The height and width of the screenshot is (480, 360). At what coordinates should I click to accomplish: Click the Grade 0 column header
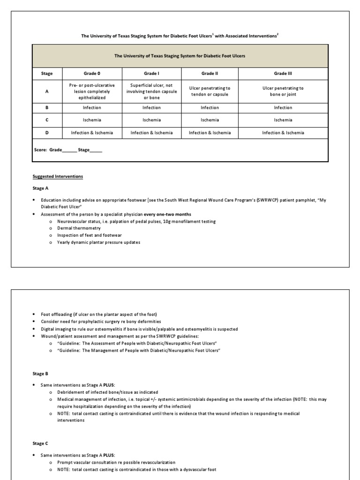pos(92,74)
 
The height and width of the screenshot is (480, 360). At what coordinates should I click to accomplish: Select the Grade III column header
pos(283,74)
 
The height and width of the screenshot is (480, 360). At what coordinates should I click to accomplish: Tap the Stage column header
pos(47,74)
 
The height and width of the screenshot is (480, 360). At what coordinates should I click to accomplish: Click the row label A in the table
pos(47,91)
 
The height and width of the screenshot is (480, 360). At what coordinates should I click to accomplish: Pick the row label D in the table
pos(47,133)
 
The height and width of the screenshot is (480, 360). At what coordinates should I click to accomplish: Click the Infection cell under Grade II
pos(210,108)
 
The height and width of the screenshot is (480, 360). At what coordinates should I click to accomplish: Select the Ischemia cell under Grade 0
pos(92,120)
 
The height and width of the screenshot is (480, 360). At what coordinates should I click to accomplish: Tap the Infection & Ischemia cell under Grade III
pos(283,133)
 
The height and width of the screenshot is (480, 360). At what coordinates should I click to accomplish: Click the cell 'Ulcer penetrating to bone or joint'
pos(283,91)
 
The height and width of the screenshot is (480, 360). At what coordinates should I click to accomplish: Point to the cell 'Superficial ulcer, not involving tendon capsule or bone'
pos(152,91)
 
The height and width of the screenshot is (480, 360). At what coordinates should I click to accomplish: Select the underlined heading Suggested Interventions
pos(58,177)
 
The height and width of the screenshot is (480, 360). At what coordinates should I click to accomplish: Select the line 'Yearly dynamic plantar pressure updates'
pos(98,242)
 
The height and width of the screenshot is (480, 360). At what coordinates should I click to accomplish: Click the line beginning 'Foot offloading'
pos(99,314)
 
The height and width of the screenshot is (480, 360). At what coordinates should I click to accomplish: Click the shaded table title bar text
pos(180,56)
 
